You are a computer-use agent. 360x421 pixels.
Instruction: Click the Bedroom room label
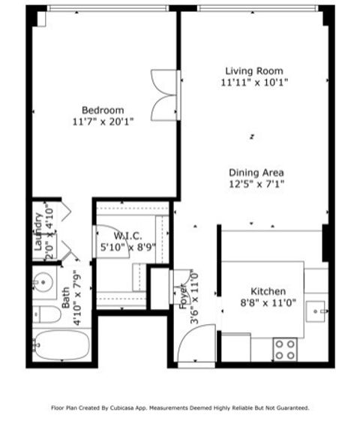click(103, 110)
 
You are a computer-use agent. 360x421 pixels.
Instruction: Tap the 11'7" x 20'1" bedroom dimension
click(103, 121)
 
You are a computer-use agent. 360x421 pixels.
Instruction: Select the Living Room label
click(255, 71)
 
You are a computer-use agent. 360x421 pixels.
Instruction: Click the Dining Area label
click(256, 173)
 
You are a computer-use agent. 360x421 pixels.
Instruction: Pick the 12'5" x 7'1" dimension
click(256, 183)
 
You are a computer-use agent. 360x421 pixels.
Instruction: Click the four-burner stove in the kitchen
click(284, 348)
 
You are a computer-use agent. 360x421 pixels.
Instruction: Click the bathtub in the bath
click(61, 345)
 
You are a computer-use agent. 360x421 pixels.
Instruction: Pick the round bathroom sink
click(43, 283)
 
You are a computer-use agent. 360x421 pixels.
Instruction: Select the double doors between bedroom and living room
click(163, 95)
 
